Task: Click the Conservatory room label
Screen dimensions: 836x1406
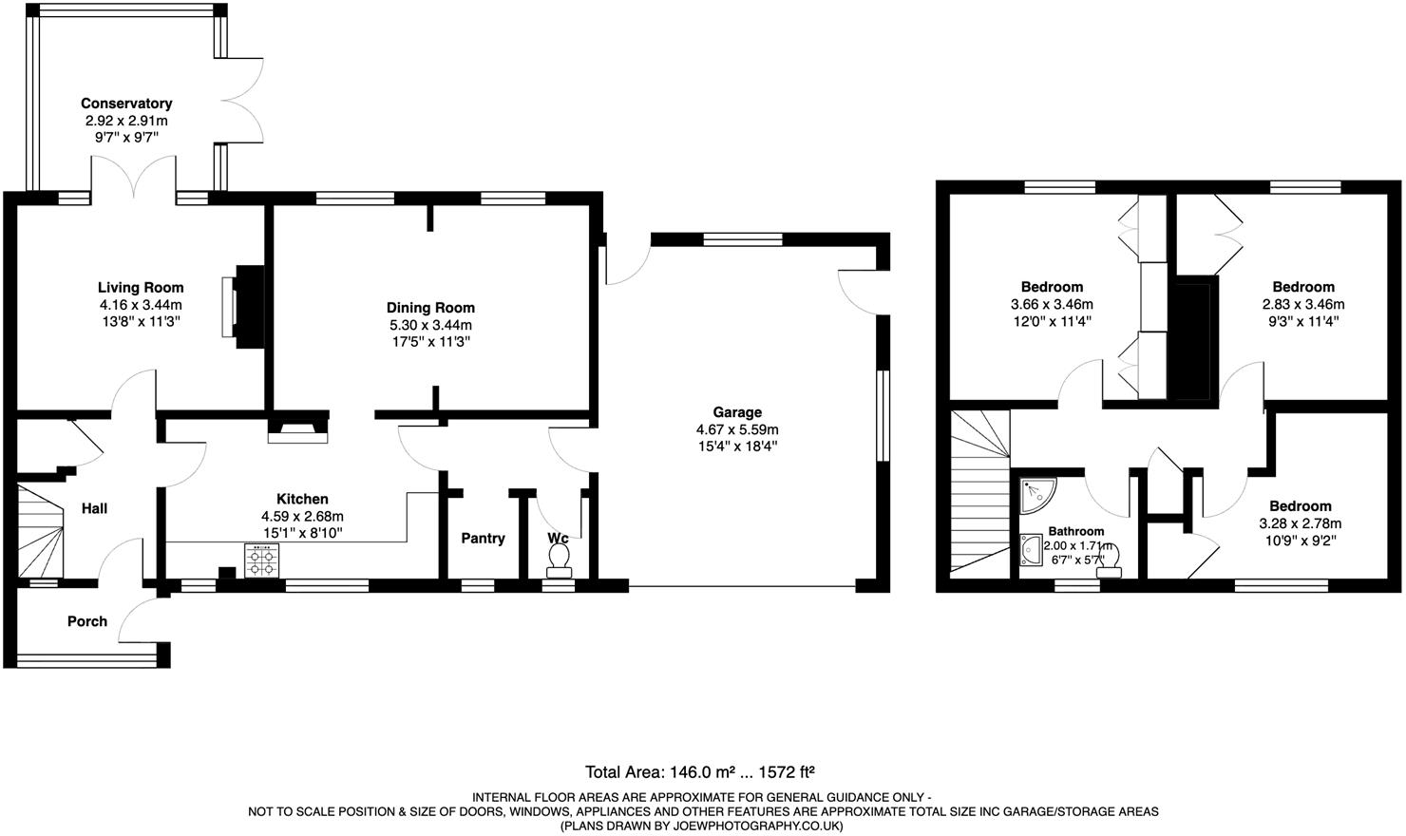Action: tap(126, 104)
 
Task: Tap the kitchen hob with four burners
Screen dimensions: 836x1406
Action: tap(262, 560)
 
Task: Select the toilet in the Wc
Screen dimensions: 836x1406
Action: tap(559, 560)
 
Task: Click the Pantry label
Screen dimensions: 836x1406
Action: tap(483, 539)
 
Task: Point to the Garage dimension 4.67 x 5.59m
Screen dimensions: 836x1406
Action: tap(737, 429)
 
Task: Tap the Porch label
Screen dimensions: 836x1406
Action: tap(86, 621)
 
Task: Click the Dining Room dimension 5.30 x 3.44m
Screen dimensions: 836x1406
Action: tap(429, 325)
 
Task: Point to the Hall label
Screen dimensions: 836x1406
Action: tap(94, 509)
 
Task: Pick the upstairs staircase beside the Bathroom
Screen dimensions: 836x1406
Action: tap(979, 494)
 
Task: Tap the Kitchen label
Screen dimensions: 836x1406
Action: tap(302, 499)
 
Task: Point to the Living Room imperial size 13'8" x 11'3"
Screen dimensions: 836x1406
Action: tap(140, 322)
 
